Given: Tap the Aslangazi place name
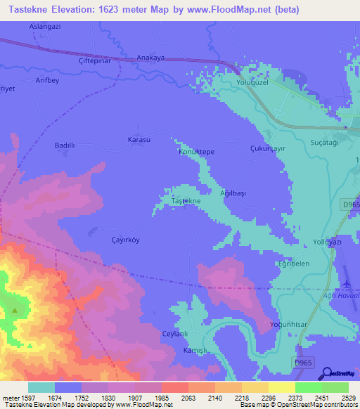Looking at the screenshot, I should click(x=44, y=25).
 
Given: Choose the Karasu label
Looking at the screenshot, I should click(x=139, y=139).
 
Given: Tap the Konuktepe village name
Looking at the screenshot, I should click(x=196, y=152).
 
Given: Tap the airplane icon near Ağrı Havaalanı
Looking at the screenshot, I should click(x=346, y=283).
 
